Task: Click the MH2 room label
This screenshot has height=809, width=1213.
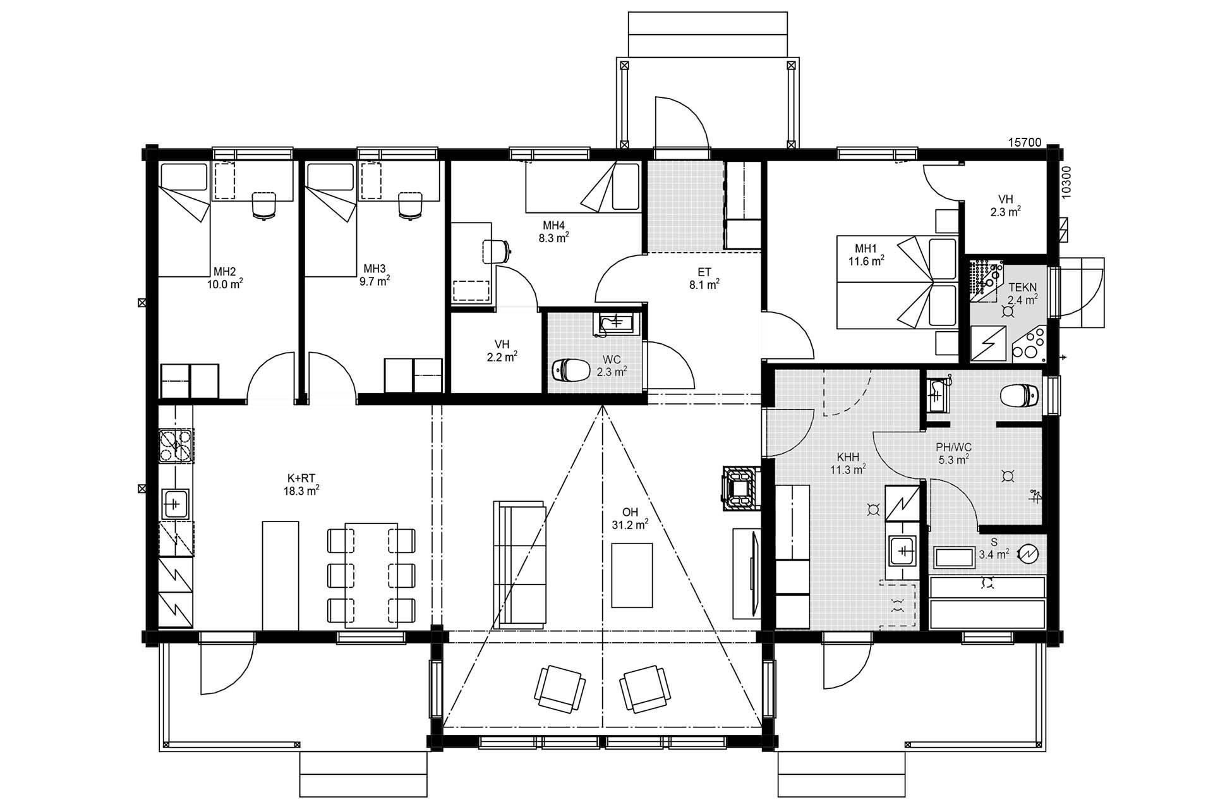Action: coord(224,272)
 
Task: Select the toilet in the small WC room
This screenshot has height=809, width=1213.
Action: coord(570,370)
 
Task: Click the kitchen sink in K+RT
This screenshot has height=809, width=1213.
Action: coord(175,504)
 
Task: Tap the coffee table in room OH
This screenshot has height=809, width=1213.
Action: coord(632,576)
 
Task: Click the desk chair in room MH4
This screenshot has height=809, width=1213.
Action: coord(497,251)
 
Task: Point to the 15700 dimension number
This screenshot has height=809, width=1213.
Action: coord(1023,143)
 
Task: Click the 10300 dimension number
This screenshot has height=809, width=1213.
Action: coord(1068,183)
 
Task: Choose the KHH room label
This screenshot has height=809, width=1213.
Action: coord(847,457)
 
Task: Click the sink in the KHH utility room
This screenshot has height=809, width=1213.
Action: coord(904,550)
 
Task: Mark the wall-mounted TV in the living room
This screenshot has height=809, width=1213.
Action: coord(754,574)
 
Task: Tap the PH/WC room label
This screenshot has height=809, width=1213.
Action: coord(954,447)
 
